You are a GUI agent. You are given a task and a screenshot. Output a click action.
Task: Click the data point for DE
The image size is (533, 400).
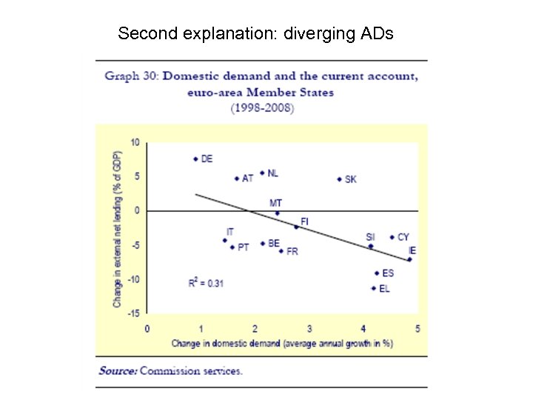(195, 159)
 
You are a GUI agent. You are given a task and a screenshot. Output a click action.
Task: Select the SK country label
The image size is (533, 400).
(351, 179)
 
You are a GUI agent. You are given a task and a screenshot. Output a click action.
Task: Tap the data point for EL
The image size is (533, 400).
(373, 288)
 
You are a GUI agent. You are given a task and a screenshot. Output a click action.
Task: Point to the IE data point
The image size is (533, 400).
(409, 259)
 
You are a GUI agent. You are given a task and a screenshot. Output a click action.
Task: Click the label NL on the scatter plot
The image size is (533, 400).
(273, 173)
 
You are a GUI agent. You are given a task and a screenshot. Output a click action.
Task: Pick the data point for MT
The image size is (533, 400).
(277, 213)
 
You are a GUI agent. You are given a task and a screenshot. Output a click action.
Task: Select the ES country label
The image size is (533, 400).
(388, 273)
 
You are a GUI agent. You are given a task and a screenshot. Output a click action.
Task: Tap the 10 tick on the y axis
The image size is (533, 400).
(135, 142)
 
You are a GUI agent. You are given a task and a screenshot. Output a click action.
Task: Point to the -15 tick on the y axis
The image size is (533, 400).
(133, 313)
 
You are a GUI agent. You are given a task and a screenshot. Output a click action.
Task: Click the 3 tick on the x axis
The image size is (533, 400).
(309, 328)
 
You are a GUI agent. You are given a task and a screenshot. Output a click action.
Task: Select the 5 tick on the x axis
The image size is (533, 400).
(418, 328)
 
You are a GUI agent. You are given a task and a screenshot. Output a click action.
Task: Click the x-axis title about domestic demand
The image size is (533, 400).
(281, 343)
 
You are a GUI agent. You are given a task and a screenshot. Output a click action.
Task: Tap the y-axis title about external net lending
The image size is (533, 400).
(118, 227)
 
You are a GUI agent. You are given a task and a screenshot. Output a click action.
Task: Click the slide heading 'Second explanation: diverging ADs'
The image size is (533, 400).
(256, 33)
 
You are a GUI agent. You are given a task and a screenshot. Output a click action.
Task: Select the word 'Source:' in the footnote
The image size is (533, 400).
(118, 370)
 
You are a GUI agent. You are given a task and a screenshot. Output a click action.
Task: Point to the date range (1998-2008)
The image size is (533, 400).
(261, 108)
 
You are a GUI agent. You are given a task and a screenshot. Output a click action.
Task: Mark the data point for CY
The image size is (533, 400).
(392, 238)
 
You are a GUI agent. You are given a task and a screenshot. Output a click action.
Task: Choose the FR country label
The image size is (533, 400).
(292, 252)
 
